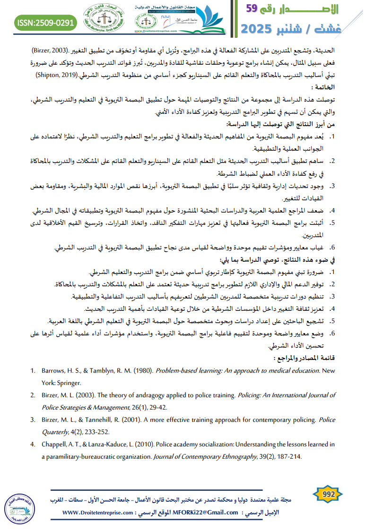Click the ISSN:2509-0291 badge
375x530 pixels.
[45, 22]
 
